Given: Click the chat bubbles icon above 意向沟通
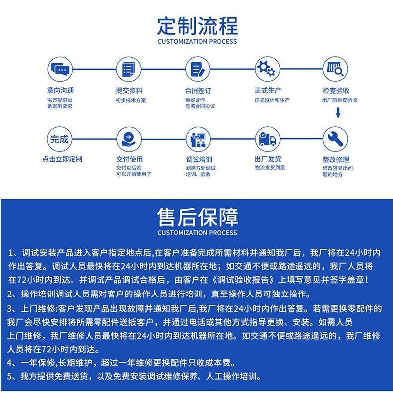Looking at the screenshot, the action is (60, 69).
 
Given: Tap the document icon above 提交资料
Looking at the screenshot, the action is (128, 69).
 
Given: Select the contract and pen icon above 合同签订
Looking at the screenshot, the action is (197, 69).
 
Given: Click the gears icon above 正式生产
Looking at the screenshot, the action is (267, 68).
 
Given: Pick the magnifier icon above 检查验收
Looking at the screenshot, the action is (335, 69).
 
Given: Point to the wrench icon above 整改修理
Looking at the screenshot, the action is (335, 139).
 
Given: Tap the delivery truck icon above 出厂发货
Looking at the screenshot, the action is (267, 139).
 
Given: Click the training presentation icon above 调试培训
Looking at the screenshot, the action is (198, 139).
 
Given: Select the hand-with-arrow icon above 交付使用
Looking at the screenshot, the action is (128, 139).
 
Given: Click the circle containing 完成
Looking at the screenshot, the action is (59, 139).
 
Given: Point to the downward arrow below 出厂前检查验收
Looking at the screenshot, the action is (338, 113).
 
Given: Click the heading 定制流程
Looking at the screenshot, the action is (197, 26).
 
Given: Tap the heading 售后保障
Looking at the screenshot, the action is (197, 217).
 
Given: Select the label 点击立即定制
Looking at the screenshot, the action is (62, 159).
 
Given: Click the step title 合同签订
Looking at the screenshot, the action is (198, 90).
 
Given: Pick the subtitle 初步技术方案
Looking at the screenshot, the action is (131, 100).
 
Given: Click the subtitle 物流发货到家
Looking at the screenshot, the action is (270, 167).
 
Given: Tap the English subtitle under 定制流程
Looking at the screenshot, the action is (197, 42).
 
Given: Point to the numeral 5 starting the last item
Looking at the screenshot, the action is (10, 376).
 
